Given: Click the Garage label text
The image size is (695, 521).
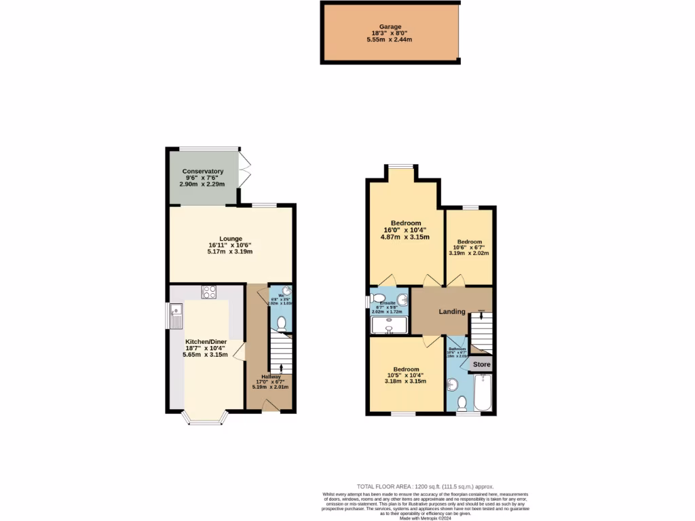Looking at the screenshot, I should click(x=390, y=26).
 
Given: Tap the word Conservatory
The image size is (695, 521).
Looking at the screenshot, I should click(x=202, y=171).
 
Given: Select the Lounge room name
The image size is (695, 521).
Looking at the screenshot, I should click(x=230, y=238).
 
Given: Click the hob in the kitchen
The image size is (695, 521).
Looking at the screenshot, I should click(x=209, y=292).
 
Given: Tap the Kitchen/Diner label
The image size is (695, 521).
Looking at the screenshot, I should click(x=205, y=341).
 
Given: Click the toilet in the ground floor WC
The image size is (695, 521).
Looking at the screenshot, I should click(x=282, y=322).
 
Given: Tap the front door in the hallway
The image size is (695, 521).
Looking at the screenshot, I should click(x=270, y=404).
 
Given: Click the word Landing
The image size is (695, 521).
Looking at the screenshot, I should click(x=451, y=312).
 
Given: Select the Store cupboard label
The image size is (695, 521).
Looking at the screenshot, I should click(x=481, y=364).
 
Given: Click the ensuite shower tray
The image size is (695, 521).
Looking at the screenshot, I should click(x=390, y=326).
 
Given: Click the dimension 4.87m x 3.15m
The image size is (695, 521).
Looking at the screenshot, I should click(x=405, y=237).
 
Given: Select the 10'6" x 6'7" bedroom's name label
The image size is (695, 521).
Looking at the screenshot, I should click(x=469, y=242).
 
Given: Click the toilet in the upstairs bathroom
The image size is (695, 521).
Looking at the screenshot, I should click(x=462, y=404).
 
